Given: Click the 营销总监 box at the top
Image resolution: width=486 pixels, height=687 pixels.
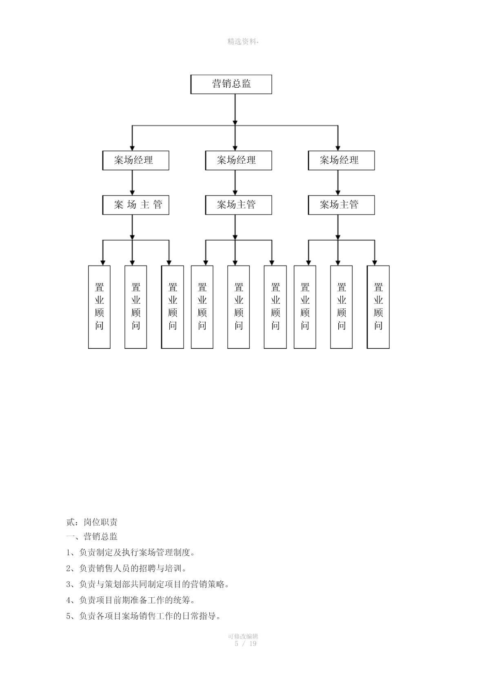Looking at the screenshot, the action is coord(231,84).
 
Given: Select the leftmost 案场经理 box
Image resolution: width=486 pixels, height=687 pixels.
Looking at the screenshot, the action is coord(135,160).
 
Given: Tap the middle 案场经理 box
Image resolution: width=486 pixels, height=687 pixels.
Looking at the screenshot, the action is coord(238,160).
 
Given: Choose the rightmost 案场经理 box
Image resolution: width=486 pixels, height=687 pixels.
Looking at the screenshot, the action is coord(341,160).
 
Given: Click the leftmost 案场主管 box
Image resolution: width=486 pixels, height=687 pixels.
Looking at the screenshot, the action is coord(135,205).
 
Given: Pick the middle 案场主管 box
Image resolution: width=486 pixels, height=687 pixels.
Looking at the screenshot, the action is coord(238,205).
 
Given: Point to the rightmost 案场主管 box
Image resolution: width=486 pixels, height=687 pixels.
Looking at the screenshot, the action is coord(341,205).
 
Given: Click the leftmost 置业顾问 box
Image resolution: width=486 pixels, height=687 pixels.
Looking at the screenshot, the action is coord(99,307).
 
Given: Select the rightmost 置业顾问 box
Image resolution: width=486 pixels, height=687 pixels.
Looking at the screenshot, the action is coord(378,307).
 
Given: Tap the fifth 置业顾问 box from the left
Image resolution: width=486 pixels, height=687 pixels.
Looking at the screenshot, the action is coord(238,307).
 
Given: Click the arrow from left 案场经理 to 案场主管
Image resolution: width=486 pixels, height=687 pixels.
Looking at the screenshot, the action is coord(132,183).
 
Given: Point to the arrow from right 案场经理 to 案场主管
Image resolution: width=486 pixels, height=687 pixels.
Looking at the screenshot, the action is coord(338,183).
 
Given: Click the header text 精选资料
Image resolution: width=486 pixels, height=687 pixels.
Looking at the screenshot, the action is coord(242,42).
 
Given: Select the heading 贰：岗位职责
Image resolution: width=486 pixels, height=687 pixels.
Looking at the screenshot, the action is coord(92,522).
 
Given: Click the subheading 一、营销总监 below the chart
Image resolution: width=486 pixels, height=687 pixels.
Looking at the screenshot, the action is coord(92,536).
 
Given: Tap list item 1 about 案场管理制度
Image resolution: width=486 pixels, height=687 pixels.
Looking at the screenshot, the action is coord(131,552).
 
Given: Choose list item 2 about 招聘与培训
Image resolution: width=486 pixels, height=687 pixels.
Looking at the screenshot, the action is coord(126,568).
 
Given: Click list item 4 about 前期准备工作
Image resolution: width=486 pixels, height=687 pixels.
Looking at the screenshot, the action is coord(131,600).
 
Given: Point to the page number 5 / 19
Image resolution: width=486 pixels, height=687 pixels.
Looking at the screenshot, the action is coord(245,643).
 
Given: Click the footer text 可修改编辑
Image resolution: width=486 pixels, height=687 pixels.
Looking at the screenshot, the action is coord(243,636).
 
